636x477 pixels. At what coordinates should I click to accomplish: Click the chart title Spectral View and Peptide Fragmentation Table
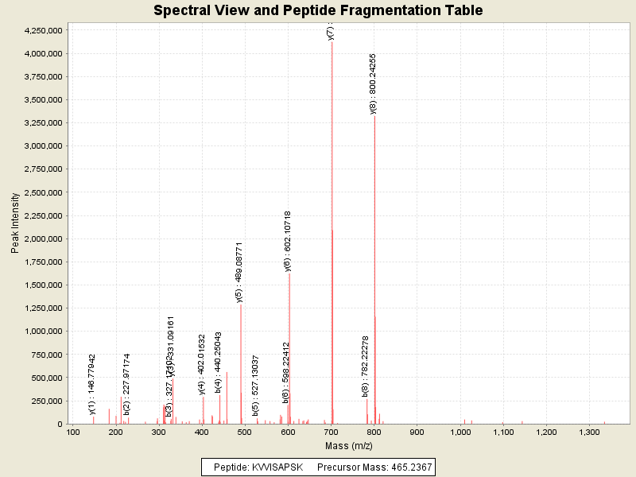(318, 10)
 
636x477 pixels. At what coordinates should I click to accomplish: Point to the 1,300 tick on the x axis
(588, 432)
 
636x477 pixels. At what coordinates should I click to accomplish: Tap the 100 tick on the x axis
(73, 432)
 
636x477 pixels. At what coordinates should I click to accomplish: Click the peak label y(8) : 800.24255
(374, 83)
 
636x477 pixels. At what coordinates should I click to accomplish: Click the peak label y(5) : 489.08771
(239, 273)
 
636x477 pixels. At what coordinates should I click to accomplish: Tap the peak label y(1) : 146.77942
(92, 384)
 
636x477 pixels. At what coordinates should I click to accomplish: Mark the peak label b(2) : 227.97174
(126, 384)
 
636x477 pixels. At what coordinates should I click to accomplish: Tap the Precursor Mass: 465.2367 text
(375, 467)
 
